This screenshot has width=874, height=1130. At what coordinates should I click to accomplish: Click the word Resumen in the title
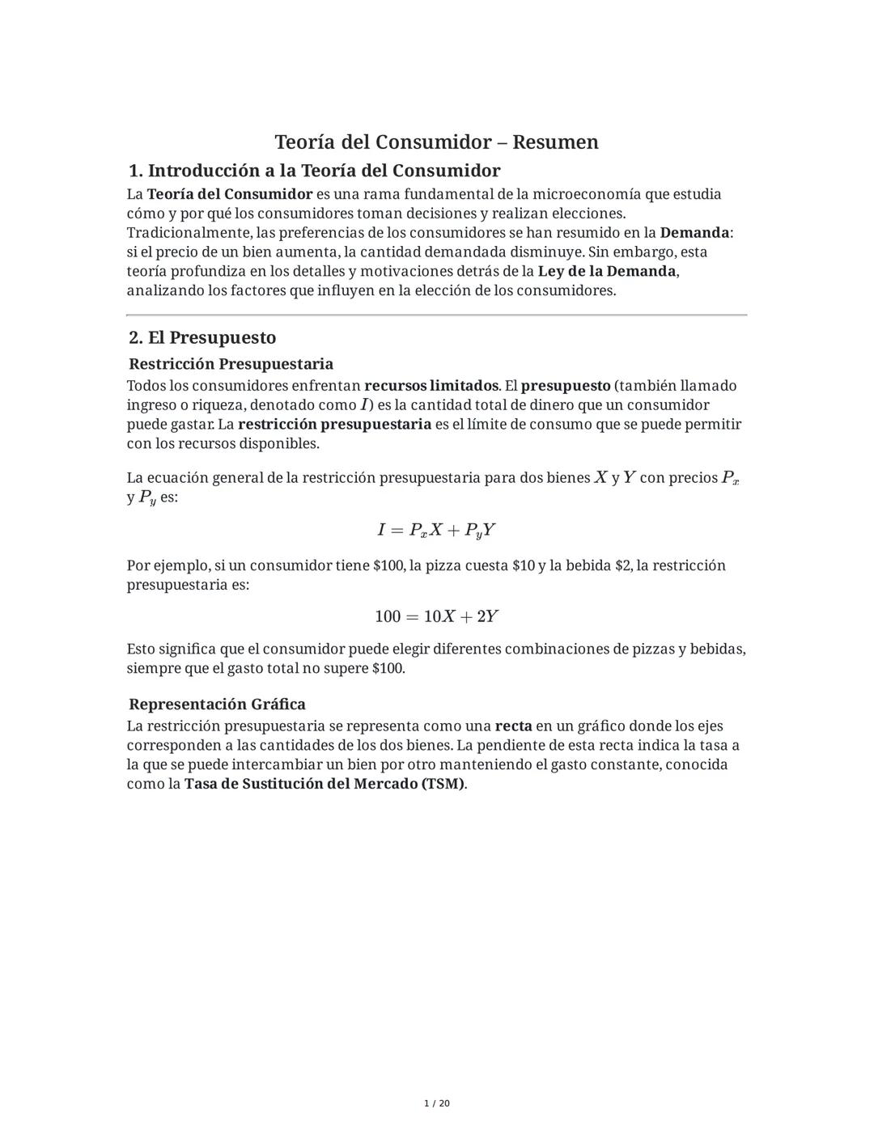coord(555,142)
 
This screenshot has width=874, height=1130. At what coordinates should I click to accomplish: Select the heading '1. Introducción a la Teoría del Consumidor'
coord(315,171)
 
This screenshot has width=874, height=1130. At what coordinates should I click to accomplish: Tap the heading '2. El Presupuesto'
coord(202,337)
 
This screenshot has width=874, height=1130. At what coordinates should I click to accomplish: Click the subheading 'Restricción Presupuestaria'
coord(231,364)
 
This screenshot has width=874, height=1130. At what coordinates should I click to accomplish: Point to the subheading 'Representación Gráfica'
coord(217,704)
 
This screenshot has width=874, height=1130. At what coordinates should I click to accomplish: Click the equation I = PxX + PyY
coord(436,531)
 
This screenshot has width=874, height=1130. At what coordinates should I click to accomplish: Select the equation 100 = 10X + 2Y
coord(436,616)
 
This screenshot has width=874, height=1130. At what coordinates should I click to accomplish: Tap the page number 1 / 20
coord(437,1103)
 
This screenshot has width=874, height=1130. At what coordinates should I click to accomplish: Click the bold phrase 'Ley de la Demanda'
coord(607,271)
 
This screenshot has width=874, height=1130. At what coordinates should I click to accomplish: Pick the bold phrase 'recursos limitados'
coord(431,386)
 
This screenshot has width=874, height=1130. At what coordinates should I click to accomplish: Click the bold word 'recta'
coord(513,726)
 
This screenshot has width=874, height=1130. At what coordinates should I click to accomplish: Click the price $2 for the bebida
coord(622,565)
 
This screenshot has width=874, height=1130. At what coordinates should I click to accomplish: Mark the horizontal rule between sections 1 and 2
coord(436,315)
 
